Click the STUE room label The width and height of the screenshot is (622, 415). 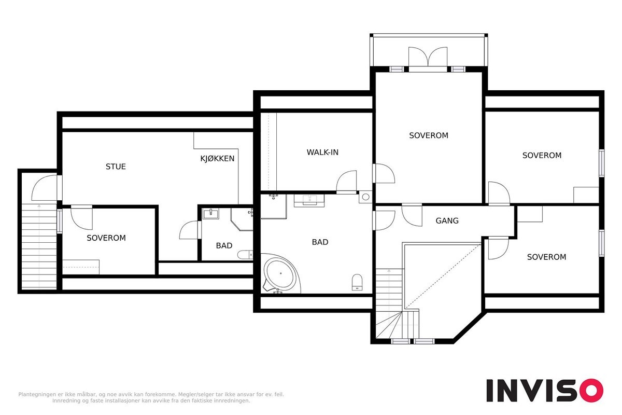pos(116,167)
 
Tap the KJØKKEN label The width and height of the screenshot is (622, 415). pos(217,158)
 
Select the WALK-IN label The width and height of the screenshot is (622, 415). pos(322,153)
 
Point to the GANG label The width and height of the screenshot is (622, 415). pos(447,220)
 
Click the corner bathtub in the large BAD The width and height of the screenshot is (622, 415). pos(280,273)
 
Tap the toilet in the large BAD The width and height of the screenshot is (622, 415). pos(357,282)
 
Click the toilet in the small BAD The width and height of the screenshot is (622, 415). pos(245,254)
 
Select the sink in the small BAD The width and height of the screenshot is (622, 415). pos(210,214)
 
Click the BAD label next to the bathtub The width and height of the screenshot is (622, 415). pos(320,242)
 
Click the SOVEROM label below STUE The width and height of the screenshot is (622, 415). pos(106,238)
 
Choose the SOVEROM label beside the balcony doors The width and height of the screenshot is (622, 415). pos(429,135)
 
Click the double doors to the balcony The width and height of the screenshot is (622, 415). pos(428,57)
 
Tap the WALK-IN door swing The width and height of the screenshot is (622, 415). pos(346,182)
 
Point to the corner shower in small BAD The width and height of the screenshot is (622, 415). pos(242,219)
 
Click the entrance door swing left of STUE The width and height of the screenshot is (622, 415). pos(45,188)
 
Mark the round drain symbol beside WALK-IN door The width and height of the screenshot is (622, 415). pos(365,197)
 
